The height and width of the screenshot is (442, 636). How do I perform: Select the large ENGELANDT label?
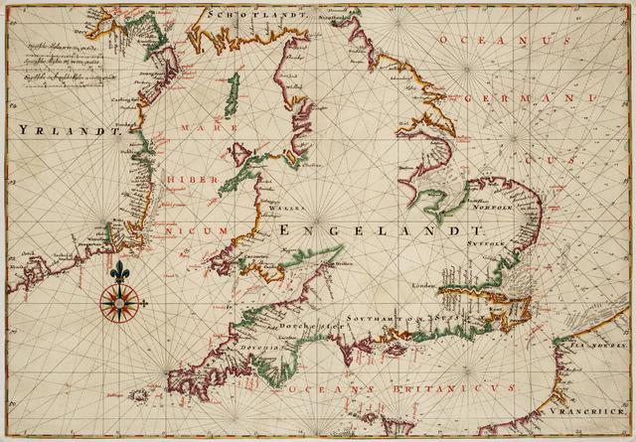tap(374, 230)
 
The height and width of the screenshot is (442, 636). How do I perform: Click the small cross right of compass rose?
tap(145, 301)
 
